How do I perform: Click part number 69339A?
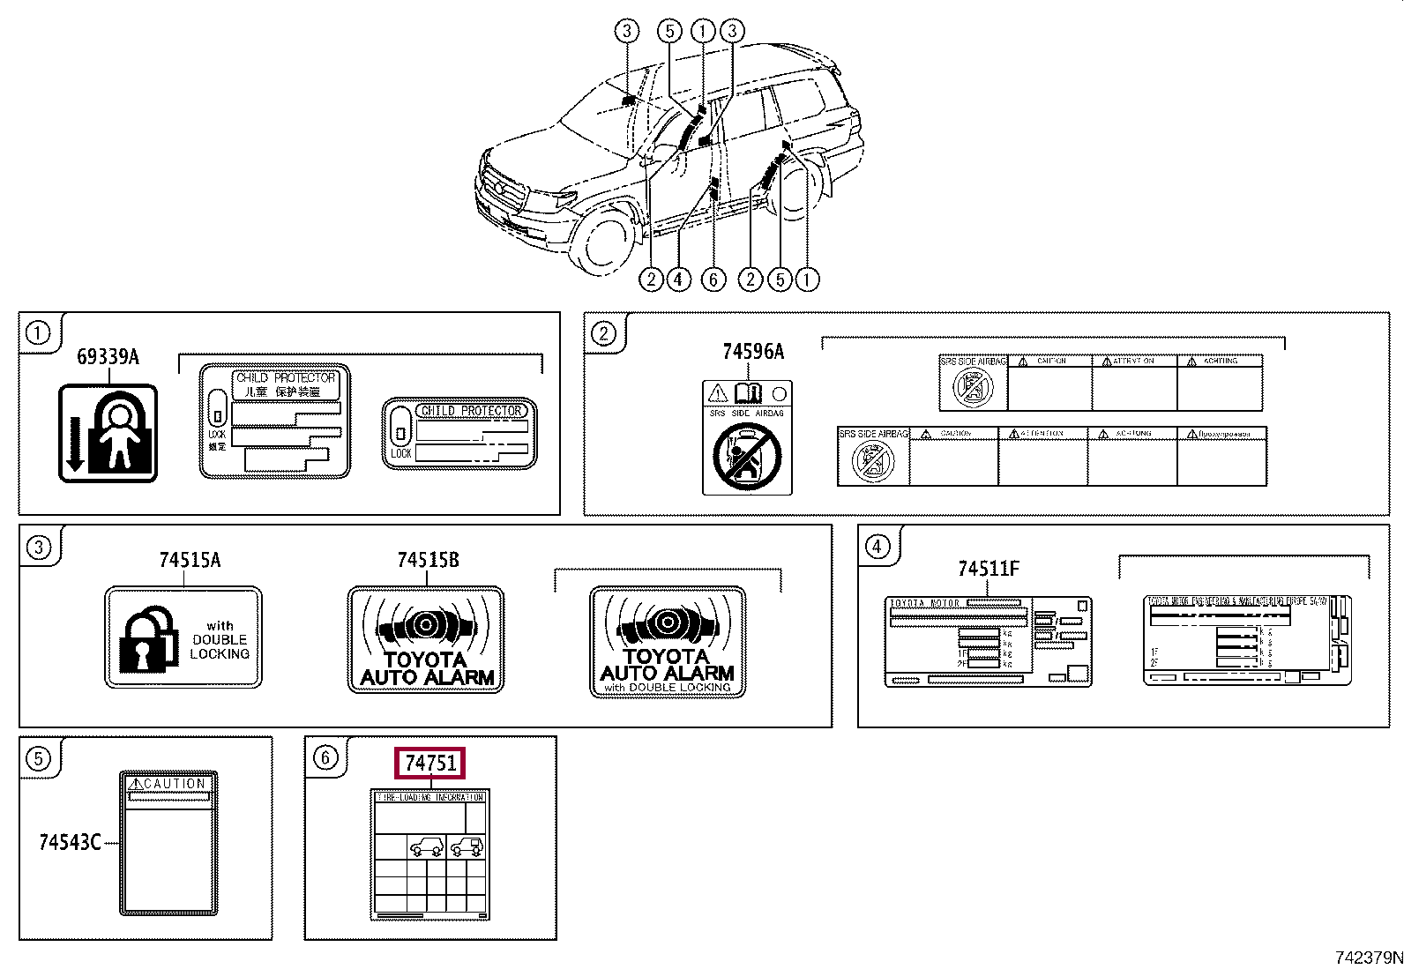108,356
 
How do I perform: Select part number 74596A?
752,352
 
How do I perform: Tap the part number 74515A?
190,560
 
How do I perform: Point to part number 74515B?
428,560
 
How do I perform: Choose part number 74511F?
988,569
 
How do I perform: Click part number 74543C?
70,842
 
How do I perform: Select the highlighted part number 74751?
430,763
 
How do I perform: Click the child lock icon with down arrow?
108,433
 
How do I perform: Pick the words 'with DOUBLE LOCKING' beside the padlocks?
220,640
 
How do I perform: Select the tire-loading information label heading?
430,797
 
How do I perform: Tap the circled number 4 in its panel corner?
876,547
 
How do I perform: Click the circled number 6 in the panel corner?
325,757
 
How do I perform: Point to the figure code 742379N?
1368,958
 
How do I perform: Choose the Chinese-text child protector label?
275,421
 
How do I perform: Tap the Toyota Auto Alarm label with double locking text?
668,642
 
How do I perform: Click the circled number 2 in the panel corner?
603,333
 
